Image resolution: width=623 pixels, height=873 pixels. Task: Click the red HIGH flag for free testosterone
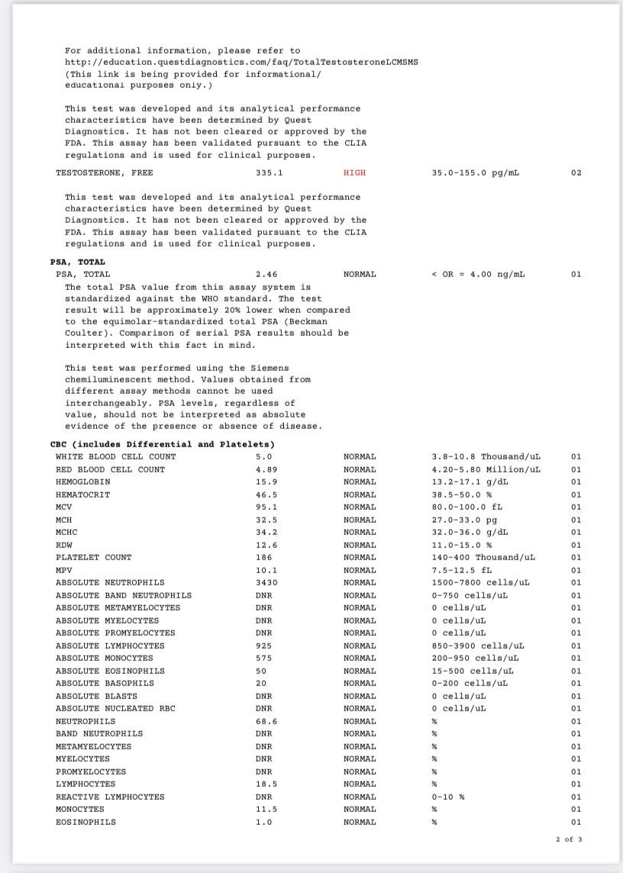pos(354,173)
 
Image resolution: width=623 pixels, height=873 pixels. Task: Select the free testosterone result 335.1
pos(269,173)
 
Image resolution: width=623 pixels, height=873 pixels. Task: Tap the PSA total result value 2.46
pos(266,274)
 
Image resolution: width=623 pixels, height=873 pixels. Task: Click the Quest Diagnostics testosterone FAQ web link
pos(241,62)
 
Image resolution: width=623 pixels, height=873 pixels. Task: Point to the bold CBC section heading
pos(163,444)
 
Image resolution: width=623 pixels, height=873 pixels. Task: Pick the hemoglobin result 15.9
pos(264,482)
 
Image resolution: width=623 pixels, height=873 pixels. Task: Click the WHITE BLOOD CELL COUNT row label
pos(115,457)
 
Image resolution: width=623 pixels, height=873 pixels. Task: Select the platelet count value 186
pos(262,558)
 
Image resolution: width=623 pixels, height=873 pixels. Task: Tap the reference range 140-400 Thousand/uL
pos(483,558)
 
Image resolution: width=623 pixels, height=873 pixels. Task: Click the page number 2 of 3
pos(569,839)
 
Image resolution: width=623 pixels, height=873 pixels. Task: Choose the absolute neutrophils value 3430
pos(264,583)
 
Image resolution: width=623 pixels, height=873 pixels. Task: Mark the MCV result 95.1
pos(264,507)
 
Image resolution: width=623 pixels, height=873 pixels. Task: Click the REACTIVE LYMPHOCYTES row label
pos(110,797)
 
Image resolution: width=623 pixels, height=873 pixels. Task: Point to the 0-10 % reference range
pos(448,797)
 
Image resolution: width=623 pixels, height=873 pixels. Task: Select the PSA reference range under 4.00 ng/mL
pos(478,274)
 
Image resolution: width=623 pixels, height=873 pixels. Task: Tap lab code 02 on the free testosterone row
pos(576,173)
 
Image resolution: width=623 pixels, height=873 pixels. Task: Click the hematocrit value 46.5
pos(264,495)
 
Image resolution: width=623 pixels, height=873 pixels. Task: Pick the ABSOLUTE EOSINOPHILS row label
pos(110,672)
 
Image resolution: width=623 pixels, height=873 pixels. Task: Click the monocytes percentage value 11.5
pos(264,809)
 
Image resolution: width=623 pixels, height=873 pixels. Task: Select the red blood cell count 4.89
pos(264,470)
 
